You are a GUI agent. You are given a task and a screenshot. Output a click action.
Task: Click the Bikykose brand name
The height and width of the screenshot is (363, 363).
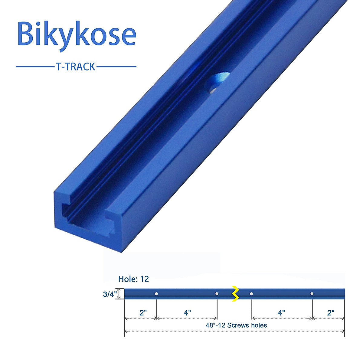(77, 34)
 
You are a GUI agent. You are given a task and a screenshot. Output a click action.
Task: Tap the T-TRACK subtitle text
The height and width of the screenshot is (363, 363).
(76, 67)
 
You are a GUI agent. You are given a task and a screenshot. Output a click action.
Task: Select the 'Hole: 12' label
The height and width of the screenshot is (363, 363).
(133, 279)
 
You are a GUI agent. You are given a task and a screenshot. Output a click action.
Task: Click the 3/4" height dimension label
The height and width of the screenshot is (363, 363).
(109, 294)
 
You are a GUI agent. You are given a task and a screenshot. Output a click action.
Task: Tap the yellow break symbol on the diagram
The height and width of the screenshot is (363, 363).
(235, 293)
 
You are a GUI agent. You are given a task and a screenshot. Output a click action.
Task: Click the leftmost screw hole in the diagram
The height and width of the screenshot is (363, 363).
(156, 294)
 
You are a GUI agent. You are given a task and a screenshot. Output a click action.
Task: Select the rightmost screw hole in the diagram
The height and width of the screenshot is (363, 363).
(312, 294)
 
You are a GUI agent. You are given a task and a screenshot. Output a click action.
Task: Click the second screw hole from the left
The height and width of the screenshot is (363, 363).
(217, 294)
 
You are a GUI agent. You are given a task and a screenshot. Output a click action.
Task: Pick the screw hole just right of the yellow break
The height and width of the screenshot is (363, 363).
(251, 294)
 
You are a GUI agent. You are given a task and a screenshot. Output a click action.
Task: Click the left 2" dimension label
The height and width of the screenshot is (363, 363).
(143, 312)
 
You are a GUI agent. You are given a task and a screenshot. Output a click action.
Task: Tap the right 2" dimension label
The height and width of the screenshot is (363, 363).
(331, 312)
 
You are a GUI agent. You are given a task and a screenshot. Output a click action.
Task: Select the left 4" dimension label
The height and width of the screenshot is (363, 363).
(187, 312)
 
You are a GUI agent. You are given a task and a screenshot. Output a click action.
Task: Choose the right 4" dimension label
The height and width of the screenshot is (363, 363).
(281, 312)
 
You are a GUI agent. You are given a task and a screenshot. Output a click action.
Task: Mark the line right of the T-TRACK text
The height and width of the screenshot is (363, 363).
(116, 67)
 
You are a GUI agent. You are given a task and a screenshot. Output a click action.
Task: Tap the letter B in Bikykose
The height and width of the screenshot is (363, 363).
(25, 34)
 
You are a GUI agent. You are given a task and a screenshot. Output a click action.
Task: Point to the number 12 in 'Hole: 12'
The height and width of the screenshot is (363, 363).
(145, 279)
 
